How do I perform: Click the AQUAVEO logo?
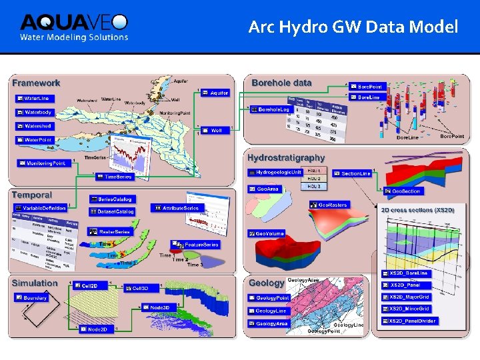click(x=73, y=27)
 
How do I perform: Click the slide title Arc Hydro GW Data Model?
click(x=353, y=27)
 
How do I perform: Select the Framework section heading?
click(x=36, y=83)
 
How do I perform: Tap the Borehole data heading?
click(x=281, y=83)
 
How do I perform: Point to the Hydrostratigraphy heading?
click(x=286, y=158)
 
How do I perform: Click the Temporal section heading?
click(x=31, y=195)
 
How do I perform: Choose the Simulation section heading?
click(x=35, y=283)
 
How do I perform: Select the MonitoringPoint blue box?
click(x=42, y=163)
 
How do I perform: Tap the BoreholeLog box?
click(x=270, y=109)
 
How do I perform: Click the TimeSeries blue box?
click(x=115, y=177)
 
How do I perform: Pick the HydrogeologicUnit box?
click(x=275, y=172)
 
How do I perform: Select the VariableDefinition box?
click(x=41, y=209)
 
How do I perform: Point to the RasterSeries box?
click(x=110, y=231)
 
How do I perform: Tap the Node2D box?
click(x=93, y=329)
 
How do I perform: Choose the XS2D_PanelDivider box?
click(x=409, y=321)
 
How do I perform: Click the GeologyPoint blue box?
click(x=269, y=298)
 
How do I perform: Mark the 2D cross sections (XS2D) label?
click(x=417, y=210)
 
